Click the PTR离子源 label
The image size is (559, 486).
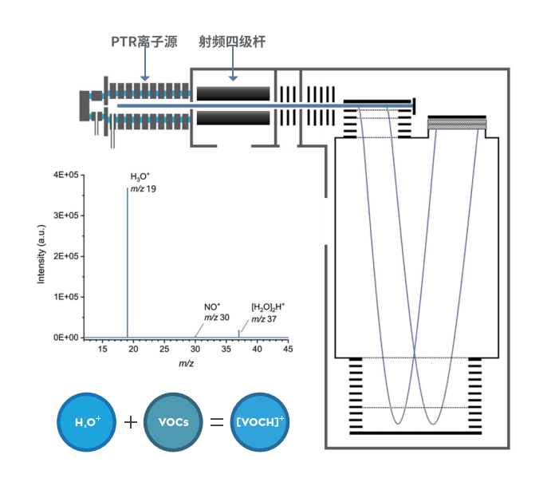pos(144,41)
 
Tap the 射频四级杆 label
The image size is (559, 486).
pos(231,41)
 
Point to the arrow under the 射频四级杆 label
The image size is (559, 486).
pos(233,65)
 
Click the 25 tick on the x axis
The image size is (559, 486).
pos(163,350)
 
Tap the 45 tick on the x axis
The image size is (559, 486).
pos(288,350)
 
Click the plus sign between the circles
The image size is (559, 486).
pos(130,421)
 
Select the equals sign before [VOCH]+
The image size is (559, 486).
pos(216,421)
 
